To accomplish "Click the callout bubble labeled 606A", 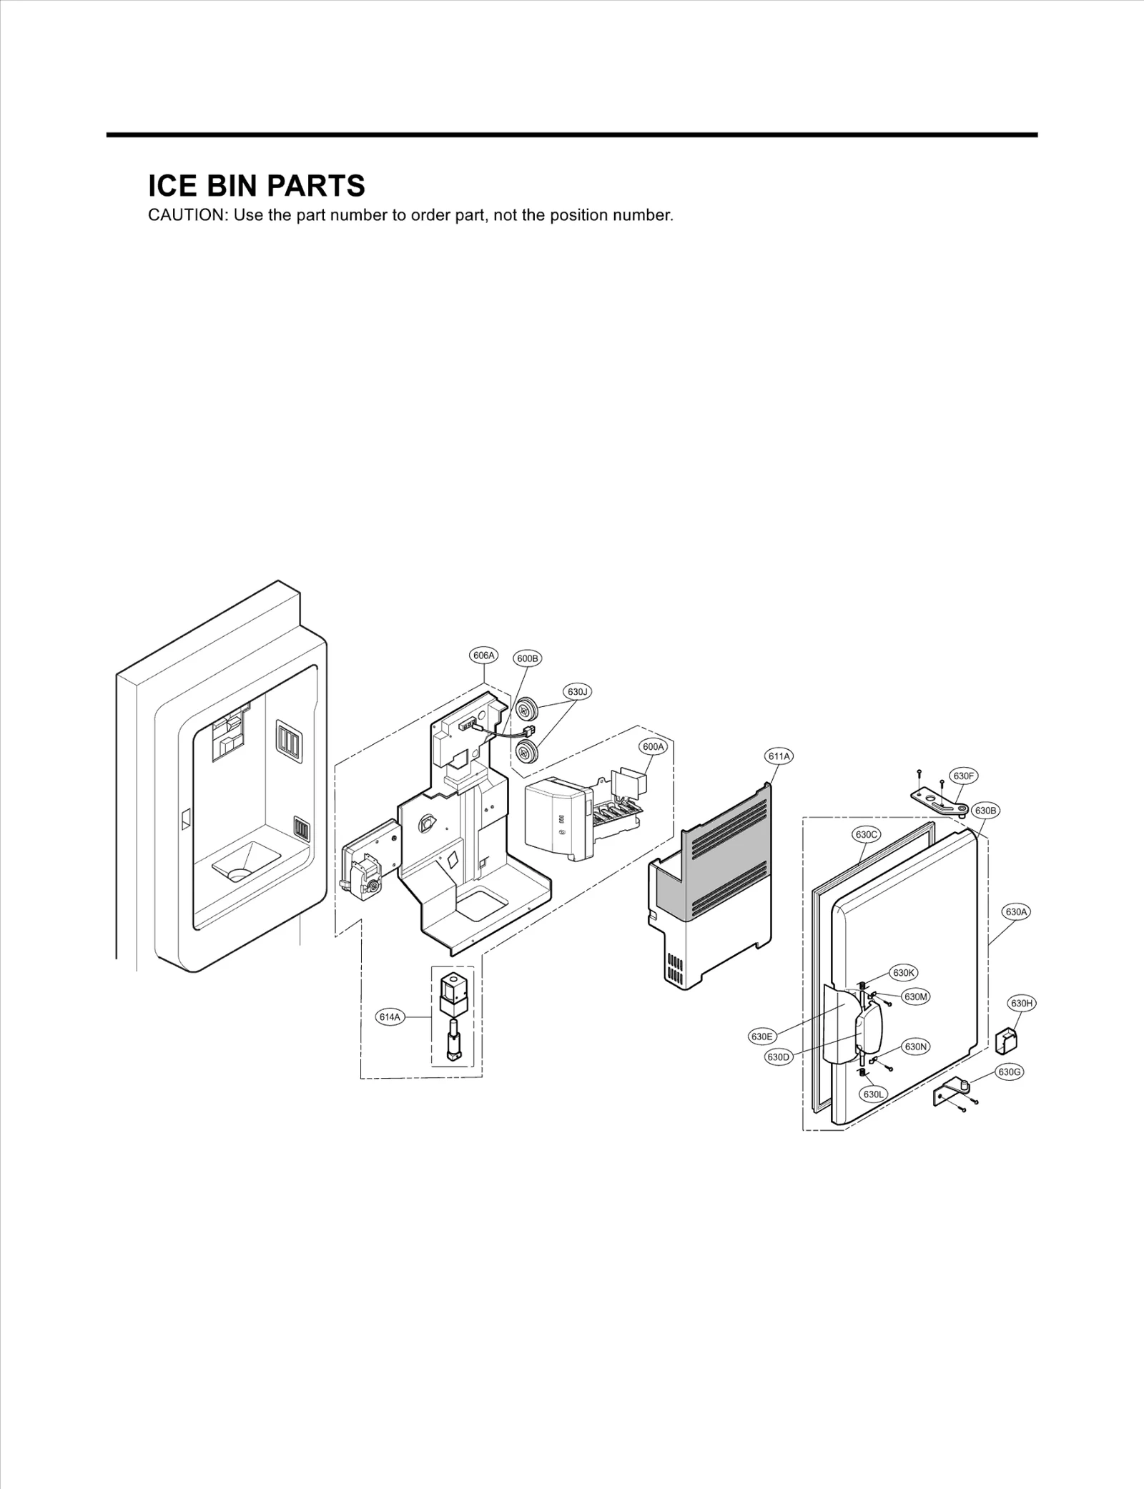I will click(x=483, y=655).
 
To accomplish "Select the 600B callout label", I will click(x=528, y=658).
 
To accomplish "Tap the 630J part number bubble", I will click(x=578, y=691).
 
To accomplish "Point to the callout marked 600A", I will click(x=653, y=747).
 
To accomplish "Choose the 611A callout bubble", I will click(x=779, y=756).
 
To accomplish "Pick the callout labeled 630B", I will click(x=985, y=811).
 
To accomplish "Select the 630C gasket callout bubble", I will click(x=866, y=834).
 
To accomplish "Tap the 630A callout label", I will click(x=1016, y=912).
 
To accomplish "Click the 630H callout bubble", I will click(x=1022, y=1004).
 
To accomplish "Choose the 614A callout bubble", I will click(x=390, y=1017).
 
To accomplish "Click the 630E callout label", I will click(x=761, y=1037).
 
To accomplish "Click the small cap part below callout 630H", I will click(x=1006, y=1041).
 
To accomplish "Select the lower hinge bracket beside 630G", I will click(x=953, y=1093).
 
